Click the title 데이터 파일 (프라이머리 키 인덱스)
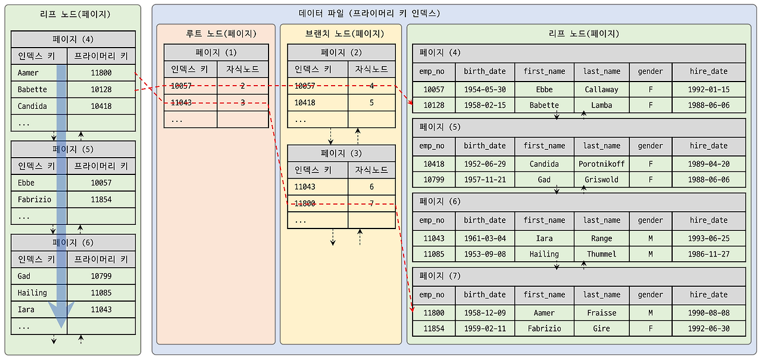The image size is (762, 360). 369,13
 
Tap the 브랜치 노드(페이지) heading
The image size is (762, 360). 340,34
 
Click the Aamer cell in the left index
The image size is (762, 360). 28,73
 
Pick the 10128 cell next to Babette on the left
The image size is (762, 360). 101,89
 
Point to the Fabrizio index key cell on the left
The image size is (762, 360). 35,199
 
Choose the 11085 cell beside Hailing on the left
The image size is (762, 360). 101,293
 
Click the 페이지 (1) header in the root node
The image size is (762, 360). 216,52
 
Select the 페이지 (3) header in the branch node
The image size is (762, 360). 341,153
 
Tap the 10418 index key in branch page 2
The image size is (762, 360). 305,102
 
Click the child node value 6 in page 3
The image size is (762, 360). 371,187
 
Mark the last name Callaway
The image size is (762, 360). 601,89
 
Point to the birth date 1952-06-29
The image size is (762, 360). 485,164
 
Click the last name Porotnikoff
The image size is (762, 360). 601,164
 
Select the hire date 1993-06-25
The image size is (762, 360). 708,238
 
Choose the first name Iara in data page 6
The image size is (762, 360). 544,238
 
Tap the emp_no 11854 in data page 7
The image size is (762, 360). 433,328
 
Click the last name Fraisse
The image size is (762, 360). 601,313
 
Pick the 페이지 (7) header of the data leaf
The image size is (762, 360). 440,276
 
